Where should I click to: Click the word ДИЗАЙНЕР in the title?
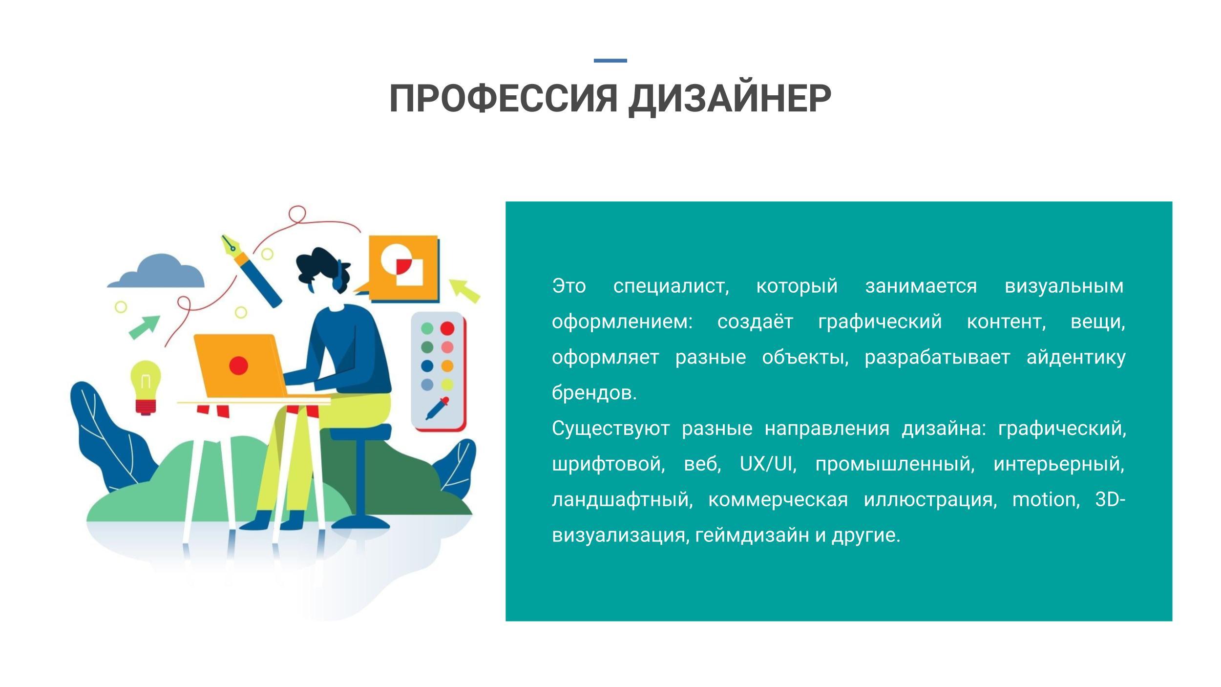click(729, 99)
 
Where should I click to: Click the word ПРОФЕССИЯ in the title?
click(504, 99)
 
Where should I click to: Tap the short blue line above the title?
click(610, 61)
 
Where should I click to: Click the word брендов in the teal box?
click(594, 392)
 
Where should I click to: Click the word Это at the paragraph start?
click(568, 286)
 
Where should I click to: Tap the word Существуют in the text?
click(610, 429)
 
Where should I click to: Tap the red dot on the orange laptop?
click(238, 365)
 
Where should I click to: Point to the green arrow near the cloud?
click(144, 327)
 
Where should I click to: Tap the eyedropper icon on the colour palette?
click(437, 408)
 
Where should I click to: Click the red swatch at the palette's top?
click(447, 328)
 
